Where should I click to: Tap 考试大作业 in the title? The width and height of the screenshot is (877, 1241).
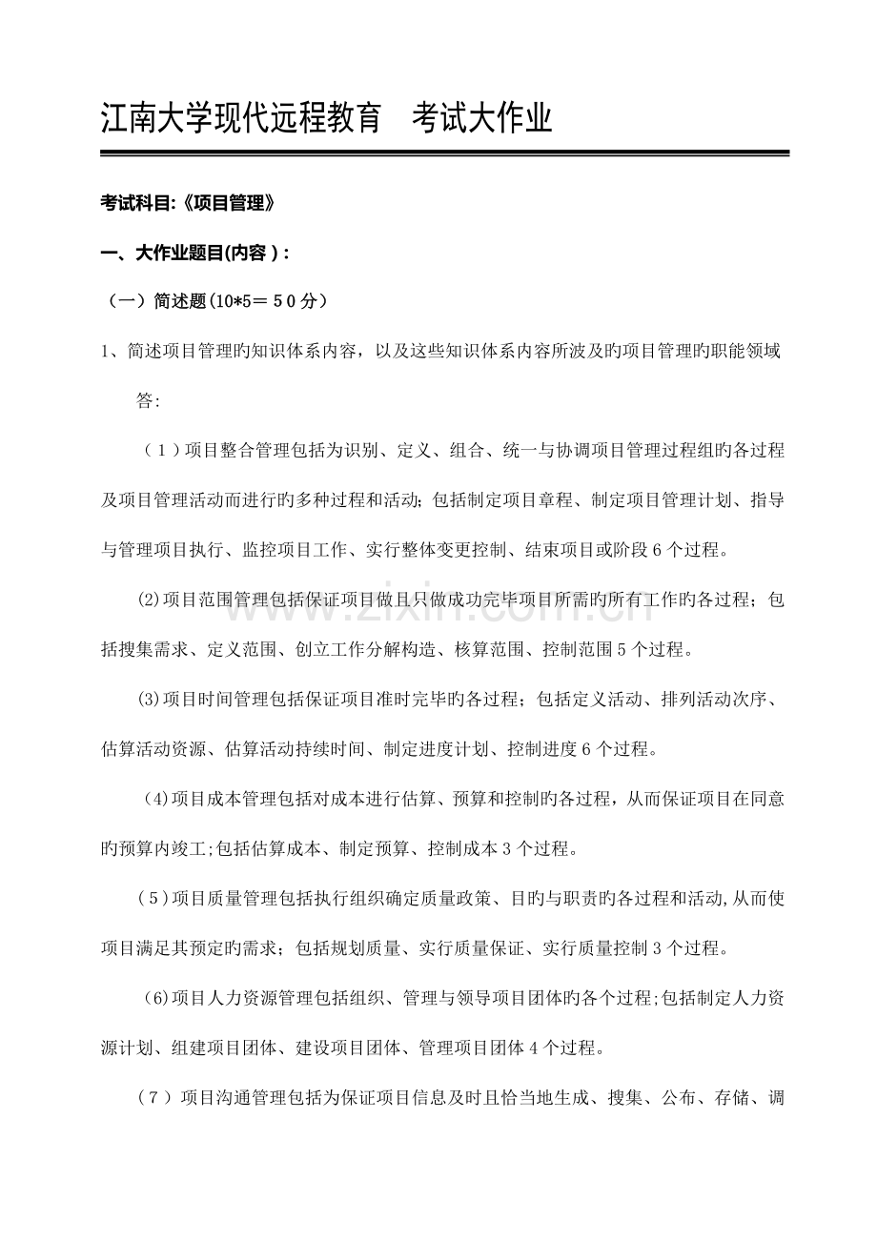pyautogui.click(x=482, y=119)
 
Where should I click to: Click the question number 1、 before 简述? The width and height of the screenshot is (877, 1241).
pyautogui.click(x=112, y=352)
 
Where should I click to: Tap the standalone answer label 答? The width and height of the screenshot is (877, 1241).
pyautogui.click(x=149, y=401)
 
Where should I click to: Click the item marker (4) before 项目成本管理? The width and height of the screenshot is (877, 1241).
pyautogui.click(x=156, y=798)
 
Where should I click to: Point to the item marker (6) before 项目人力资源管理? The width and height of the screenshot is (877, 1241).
pyautogui.click(x=155, y=997)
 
